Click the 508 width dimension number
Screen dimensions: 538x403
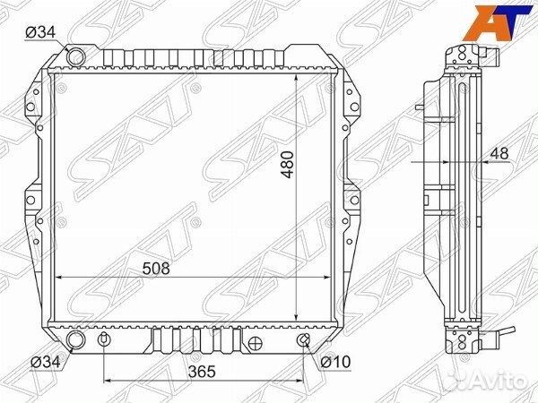click(x=156, y=269)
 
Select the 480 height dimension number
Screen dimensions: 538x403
click(x=287, y=164)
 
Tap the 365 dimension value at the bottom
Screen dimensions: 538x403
click(x=202, y=372)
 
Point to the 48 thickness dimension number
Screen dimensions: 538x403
click(x=499, y=153)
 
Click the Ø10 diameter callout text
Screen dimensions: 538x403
click(x=335, y=362)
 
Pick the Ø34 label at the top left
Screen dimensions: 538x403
click(x=40, y=32)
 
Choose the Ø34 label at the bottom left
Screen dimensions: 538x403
click(x=46, y=362)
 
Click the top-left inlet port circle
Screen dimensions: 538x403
click(x=75, y=56)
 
